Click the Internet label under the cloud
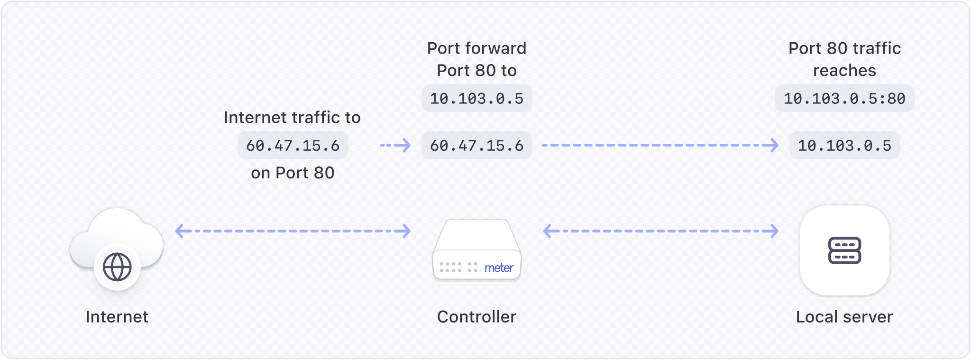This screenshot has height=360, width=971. point(117,317)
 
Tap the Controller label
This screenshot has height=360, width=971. point(476,317)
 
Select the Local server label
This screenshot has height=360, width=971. point(844,317)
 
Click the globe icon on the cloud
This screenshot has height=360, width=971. point(117,267)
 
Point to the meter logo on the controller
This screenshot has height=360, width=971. point(499,268)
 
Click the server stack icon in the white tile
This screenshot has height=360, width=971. point(844,250)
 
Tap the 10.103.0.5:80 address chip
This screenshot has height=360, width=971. point(844,99)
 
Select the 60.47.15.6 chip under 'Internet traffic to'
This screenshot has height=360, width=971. point(293,145)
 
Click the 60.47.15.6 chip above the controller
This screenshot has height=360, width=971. point(476,145)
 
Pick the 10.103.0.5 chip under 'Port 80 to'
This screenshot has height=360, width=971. point(476,99)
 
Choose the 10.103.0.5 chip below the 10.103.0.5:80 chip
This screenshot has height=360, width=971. point(844,145)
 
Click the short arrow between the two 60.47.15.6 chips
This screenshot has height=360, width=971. point(395,145)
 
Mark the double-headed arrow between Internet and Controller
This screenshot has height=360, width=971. point(293,231)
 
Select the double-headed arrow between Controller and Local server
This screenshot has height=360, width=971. point(660,231)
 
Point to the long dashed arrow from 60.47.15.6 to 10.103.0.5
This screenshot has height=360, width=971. point(660,145)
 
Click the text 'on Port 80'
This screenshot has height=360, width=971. point(293,173)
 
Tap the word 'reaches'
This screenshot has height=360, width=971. point(844,71)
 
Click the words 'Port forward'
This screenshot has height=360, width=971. point(476,48)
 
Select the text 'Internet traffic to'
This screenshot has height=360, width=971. point(292,117)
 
